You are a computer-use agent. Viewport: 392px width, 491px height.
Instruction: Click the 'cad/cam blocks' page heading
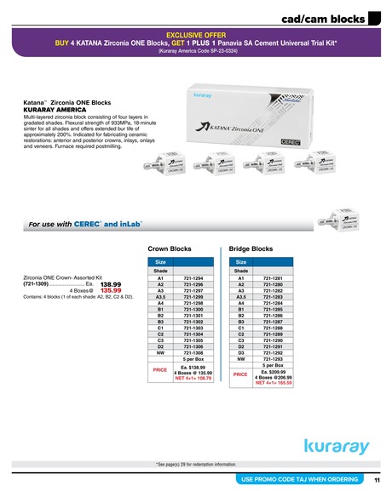pos(324,17)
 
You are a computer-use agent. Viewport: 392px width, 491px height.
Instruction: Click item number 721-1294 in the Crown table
pos(193,278)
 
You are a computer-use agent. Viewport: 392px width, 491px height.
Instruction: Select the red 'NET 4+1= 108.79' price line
pos(193,377)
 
